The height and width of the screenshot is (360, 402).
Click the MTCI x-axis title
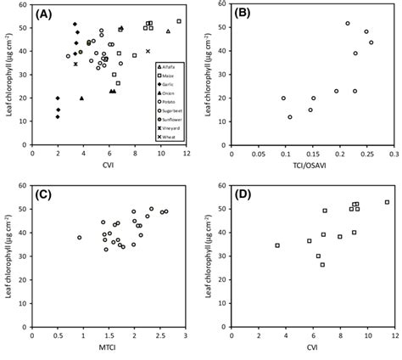point(109,348)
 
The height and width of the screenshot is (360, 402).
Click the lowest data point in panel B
point(290,117)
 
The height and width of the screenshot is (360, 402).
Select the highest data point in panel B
point(348,24)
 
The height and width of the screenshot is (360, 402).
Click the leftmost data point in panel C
point(80,238)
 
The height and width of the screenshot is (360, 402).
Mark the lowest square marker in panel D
point(322,265)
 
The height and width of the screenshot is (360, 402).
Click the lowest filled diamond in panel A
point(58,116)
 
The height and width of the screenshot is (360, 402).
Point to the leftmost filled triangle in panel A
point(81,98)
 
